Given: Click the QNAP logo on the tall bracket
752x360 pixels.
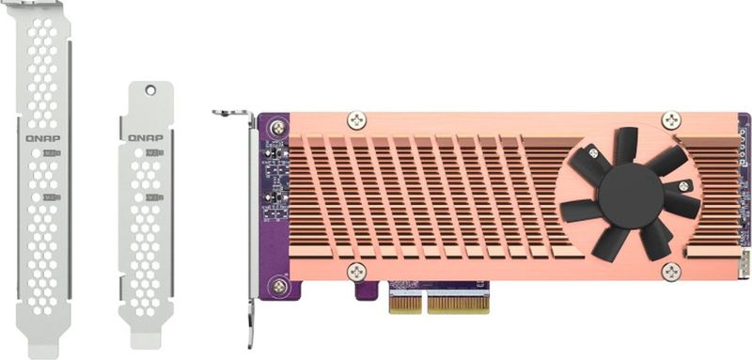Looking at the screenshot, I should pos(43,136).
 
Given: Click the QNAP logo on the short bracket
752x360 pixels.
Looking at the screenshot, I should pos(146,136).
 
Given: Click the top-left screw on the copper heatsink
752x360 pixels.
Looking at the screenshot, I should pos(356,120).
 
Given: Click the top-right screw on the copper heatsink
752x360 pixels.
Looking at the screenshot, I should pos(670,120).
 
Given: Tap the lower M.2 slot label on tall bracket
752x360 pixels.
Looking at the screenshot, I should pos(54,197).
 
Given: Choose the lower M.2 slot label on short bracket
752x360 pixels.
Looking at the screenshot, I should pos(155,197).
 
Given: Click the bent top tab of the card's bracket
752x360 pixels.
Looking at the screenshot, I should pos(231,113).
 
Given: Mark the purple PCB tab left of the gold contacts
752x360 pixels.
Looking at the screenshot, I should pos(370,291).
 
